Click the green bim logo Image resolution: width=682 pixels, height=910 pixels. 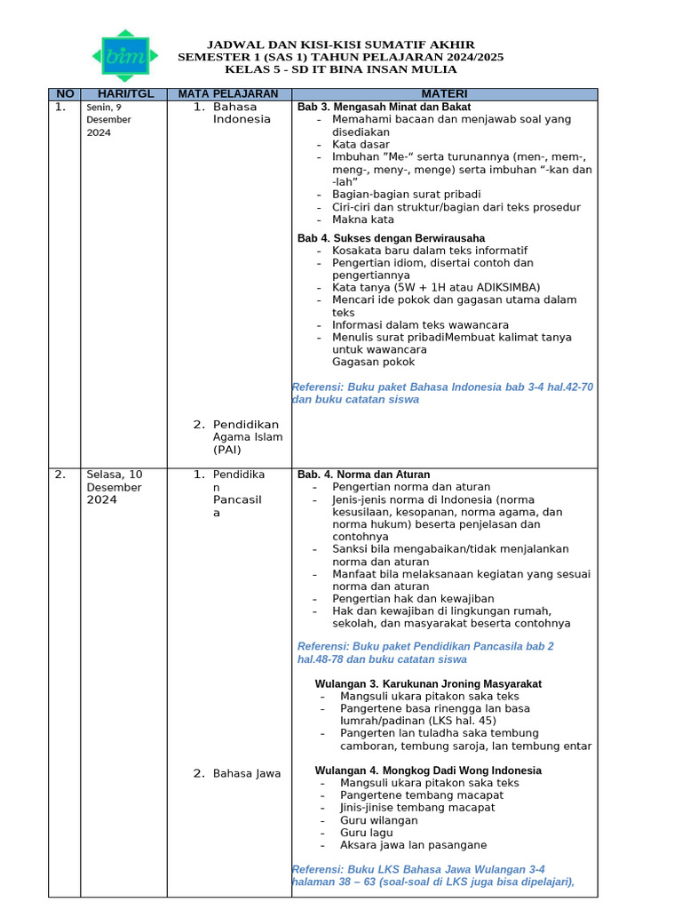coord(125,56)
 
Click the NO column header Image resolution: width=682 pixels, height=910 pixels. coord(66,94)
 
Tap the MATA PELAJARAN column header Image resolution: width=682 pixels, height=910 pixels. coord(228,94)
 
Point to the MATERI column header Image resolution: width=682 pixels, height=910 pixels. coord(444,94)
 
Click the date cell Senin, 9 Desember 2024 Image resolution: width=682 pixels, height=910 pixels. coord(108,120)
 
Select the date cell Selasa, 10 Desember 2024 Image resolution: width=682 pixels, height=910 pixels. coord(114,487)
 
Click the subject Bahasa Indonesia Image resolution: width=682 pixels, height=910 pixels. coord(242,113)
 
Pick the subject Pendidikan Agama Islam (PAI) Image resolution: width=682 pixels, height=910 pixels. coord(247,436)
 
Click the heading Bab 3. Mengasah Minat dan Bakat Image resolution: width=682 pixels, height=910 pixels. coord(384,107)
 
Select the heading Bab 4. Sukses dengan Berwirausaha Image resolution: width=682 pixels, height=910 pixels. coord(391,238)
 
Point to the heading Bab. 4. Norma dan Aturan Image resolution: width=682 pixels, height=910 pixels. coord(363,475)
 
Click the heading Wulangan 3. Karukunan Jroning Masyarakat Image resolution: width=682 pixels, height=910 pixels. coord(428,683)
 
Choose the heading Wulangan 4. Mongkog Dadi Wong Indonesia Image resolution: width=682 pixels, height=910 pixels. coord(428,770)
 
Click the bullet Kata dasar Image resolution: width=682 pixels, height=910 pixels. coord(361,144)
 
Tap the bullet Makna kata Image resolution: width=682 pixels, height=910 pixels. coord(362,220)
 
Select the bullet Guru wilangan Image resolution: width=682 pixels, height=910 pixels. coord(378,820)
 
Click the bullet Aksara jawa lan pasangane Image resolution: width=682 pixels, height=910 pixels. coord(413,845)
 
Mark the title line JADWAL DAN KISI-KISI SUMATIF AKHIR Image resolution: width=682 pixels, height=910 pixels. coord(340,44)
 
